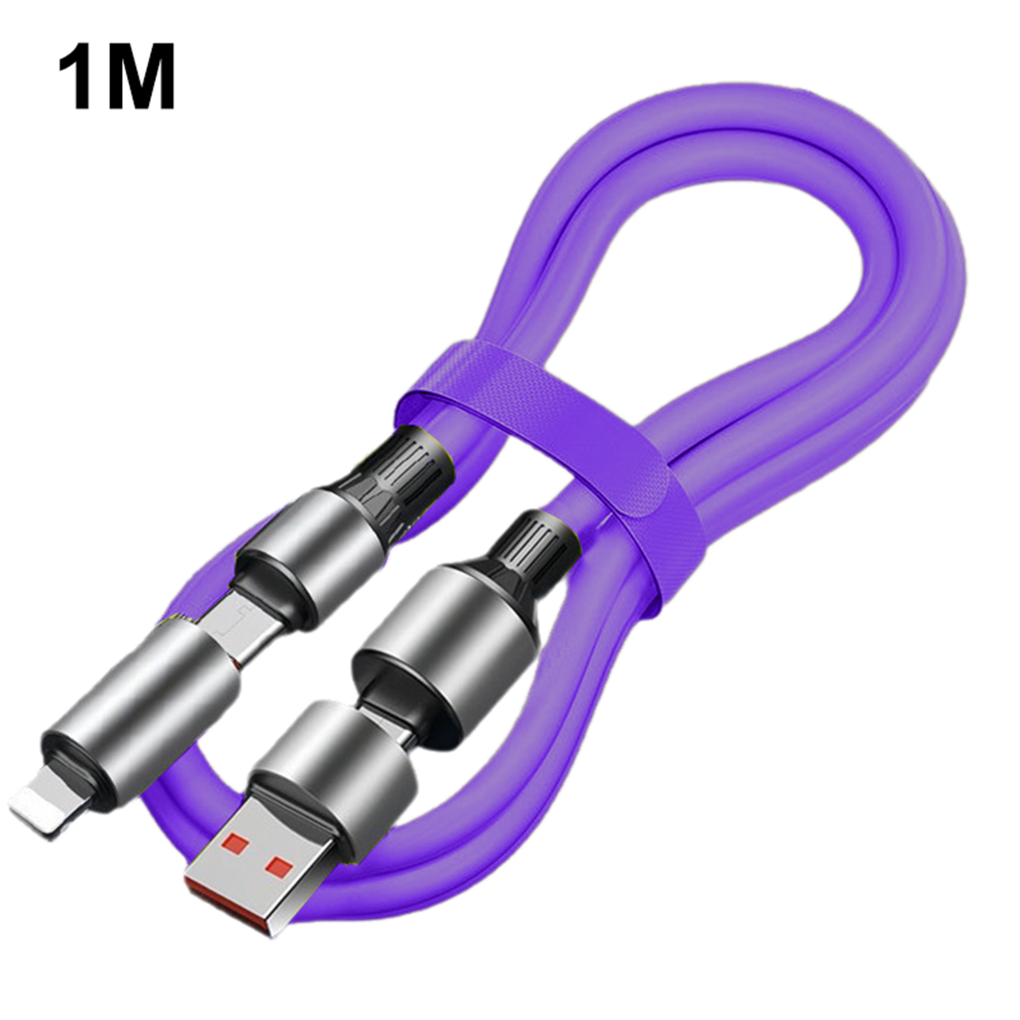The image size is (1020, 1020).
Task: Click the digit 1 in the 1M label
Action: pos(78,76)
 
